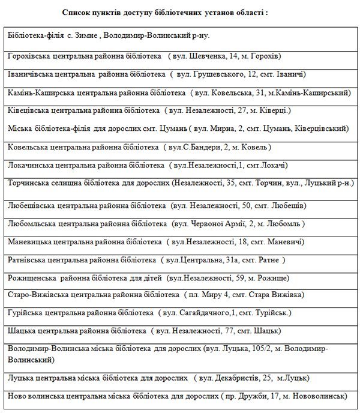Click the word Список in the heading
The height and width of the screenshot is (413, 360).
[77, 12]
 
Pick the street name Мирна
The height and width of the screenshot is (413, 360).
[226, 128]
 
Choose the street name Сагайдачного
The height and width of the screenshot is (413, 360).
[204, 313]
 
